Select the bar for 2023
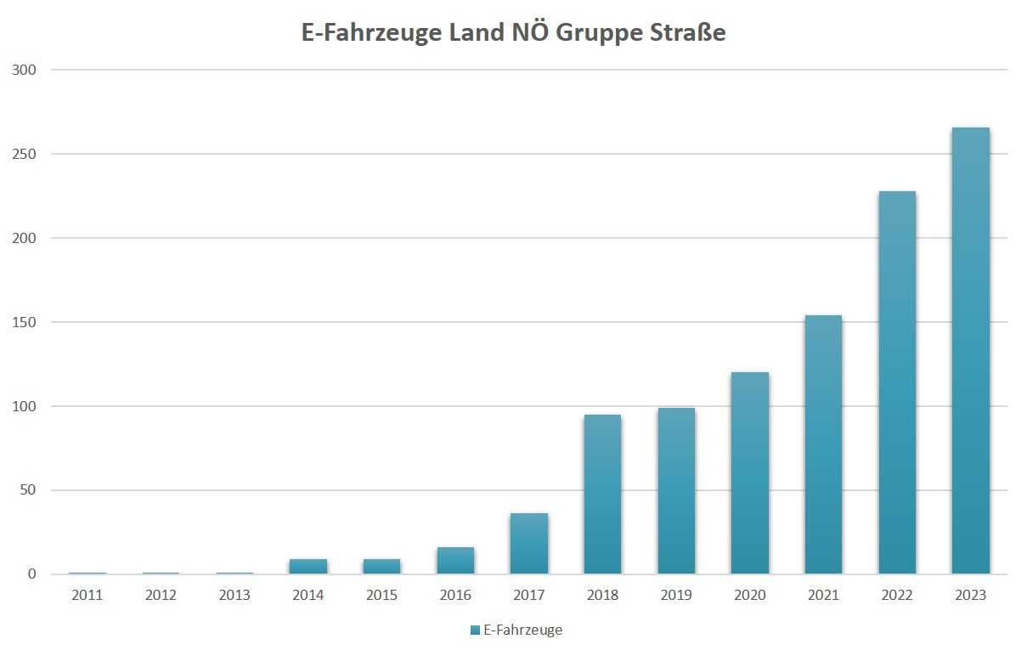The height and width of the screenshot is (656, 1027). pos(970,350)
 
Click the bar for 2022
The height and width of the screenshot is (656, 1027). pos(897,382)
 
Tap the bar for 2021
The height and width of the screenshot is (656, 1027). pos(823,444)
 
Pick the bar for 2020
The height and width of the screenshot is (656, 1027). pos(749,472)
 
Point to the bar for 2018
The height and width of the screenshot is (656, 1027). pos(602,494)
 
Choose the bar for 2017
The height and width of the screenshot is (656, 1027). pos(528,544)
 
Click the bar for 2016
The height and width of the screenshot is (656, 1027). pos(455,561)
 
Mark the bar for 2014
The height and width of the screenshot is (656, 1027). pos(308,566)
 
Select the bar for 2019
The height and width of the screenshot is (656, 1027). pos(676,491)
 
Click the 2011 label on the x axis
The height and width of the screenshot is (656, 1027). pos(87,595)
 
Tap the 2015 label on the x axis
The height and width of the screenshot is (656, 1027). pos(381,595)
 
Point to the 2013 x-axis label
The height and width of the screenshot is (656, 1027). pos(234,595)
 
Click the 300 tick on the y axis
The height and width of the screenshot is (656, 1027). pos(25,70)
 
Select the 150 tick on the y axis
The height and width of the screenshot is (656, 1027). pos(25,322)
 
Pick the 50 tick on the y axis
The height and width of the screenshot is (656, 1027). pos(29,490)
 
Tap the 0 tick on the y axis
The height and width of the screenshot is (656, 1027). pos(32,574)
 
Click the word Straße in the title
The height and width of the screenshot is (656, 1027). pos(685,33)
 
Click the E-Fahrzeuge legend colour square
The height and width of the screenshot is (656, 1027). pos(475,630)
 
